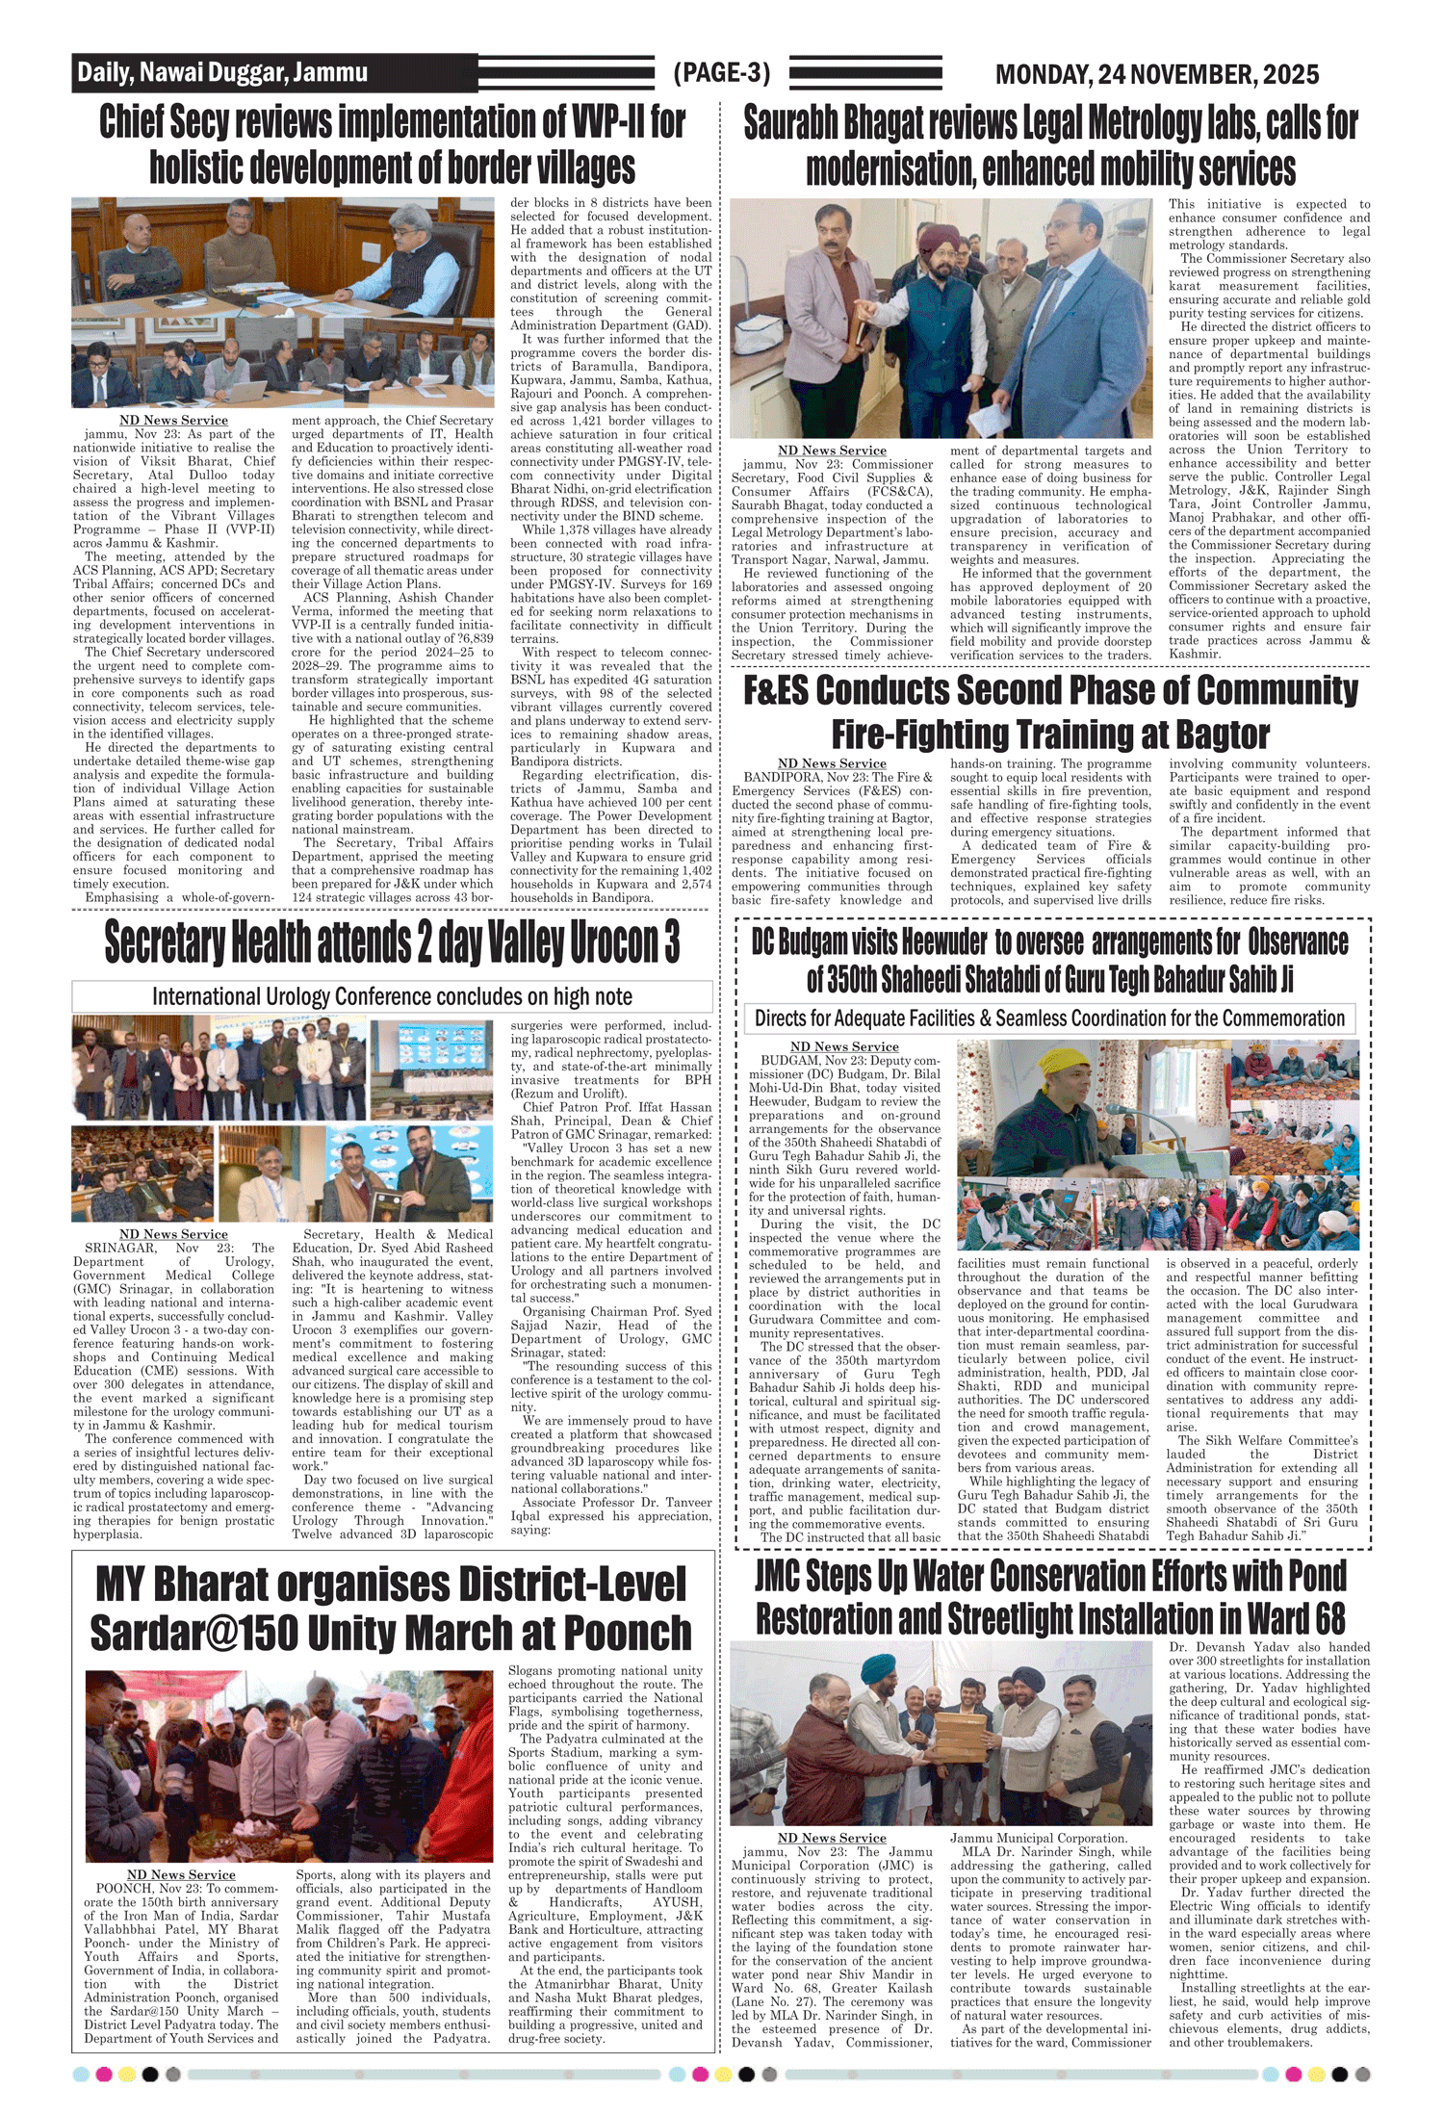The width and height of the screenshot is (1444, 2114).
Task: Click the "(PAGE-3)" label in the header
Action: (722, 73)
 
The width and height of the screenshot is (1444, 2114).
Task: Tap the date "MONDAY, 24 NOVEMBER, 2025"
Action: (1156, 74)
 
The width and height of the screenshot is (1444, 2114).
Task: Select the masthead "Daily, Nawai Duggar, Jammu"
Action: (222, 73)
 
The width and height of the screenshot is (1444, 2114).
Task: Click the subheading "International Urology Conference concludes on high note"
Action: (392, 996)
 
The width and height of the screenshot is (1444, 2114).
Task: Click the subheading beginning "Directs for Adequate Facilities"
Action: (1049, 1018)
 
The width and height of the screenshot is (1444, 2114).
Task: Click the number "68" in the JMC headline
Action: (1324, 1619)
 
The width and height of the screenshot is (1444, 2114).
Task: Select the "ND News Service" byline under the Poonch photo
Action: (181, 1874)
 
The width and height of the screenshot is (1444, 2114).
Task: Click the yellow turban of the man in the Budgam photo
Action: (1035, 1062)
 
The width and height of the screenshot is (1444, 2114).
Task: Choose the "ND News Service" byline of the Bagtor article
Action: (832, 763)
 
